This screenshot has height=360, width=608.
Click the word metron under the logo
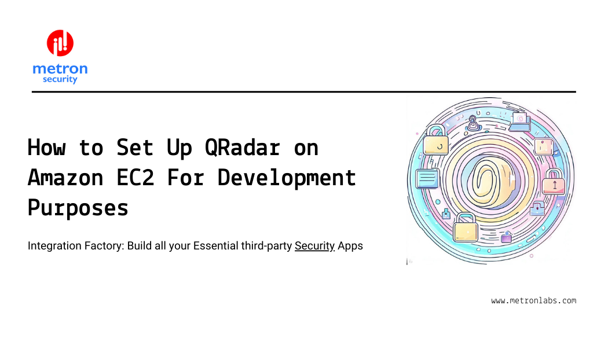coord(60,69)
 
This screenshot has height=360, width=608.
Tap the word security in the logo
coord(60,79)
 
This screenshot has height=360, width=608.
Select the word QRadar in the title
coord(243,148)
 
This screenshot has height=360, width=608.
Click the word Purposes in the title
coord(78,207)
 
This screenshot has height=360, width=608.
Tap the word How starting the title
coord(47,148)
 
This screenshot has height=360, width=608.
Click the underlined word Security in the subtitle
coord(314,245)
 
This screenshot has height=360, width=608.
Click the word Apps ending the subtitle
coord(350,245)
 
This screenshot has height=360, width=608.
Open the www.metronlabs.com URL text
coord(533,300)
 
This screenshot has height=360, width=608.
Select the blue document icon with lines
coord(427,179)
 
